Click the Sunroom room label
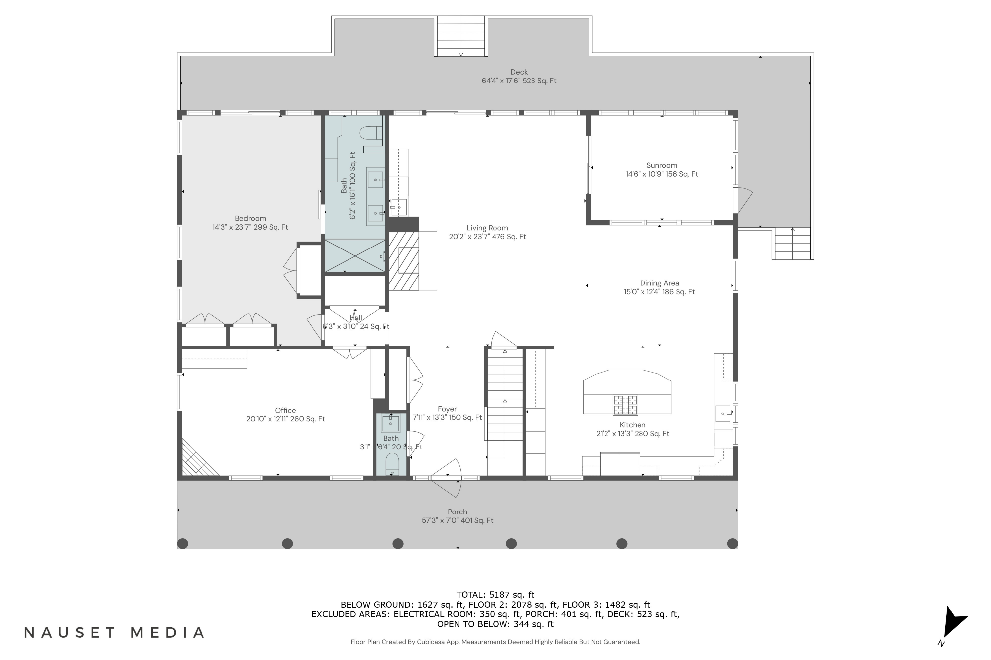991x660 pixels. coord(662,165)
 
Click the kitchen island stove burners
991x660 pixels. coord(625,405)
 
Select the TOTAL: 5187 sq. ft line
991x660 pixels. coord(495,595)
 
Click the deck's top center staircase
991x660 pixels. coord(460,36)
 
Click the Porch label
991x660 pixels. coord(457,512)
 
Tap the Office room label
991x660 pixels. coord(285,411)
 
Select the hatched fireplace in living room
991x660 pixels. coord(403,261)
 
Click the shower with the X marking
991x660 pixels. coord(355,255)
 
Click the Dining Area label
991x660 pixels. coord(659,283)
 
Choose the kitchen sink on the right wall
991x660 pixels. coord(722,413)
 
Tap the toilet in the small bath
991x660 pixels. coord(392,463)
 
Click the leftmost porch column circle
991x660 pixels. coord(182,544)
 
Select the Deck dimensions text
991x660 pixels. coord(519,81)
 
